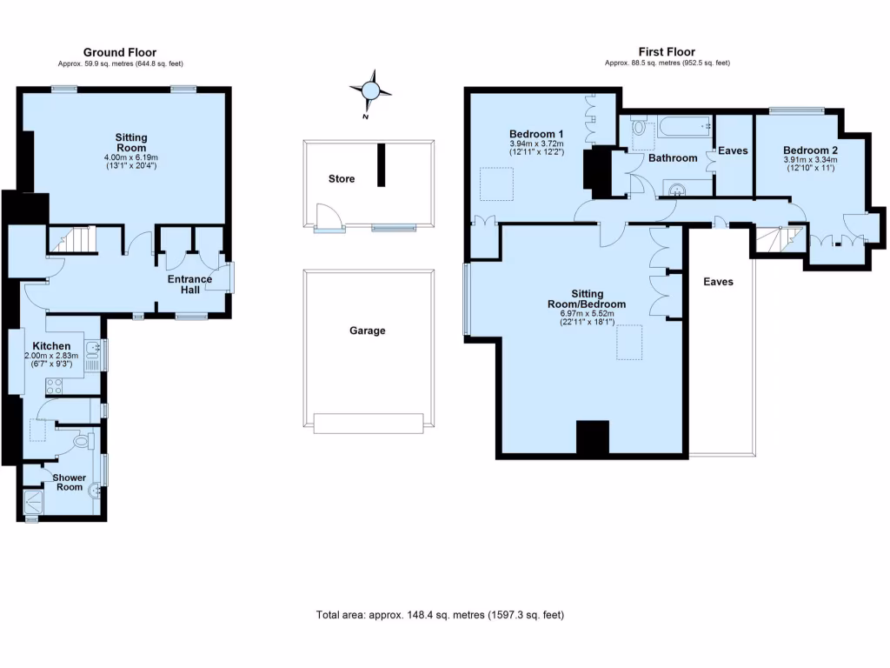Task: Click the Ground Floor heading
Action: pyautogui.click(x=120, y=52)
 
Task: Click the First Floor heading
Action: pyautogui.click(x=667, y=52)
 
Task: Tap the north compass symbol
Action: pyautogui.click(x=370, y=90)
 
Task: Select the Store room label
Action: pyautogui.click(x=341, y=179)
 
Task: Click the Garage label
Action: pyautogui.click(x=367, y=331)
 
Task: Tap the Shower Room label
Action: pyautogui.click(x=69, y=482)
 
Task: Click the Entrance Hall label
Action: pyautogui.click(x=189, y=285)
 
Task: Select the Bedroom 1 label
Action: pyautogui.click(x=536, y=133)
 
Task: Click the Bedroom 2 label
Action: pyautogui.click(x=809, y=150)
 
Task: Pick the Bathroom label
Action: pyautogui.click(x=673, y=158)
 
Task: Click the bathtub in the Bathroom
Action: pyautogui.click(x=684, y=128)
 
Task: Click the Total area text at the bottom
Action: pyautogui.click(x=440, y=615)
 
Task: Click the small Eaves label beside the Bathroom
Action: pyautogui.click(x=733, y=150)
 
